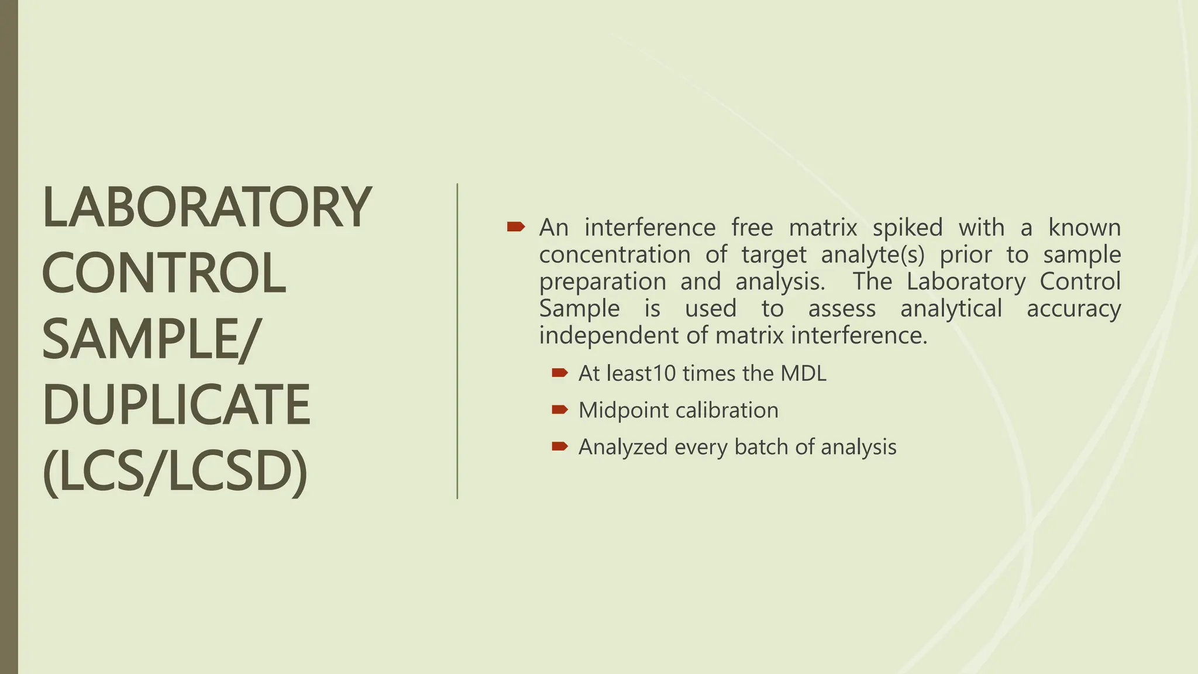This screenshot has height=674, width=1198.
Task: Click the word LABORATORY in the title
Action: point(206,207)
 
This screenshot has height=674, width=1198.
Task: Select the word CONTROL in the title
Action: point(164,273)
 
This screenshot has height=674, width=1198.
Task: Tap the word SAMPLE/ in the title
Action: point(149,339)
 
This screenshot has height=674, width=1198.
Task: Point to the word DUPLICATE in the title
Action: point(176,405)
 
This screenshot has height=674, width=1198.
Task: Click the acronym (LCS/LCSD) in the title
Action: point(175,472)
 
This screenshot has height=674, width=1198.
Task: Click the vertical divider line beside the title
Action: point(457,341)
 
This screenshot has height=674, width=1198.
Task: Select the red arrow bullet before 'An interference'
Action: point(515,226)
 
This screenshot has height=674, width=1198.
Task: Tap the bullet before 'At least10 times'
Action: point(559,373)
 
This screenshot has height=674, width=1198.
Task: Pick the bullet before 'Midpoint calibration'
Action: point(559,410)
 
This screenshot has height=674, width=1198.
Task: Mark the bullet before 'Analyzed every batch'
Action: point(559,446)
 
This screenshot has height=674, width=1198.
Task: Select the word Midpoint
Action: point(621,410)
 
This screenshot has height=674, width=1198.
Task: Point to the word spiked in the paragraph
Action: point(907,227)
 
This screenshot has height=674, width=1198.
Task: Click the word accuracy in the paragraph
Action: point(1073,309)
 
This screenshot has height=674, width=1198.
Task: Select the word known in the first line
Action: point(1084,227)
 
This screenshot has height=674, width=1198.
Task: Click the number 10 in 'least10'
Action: point(664,373)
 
